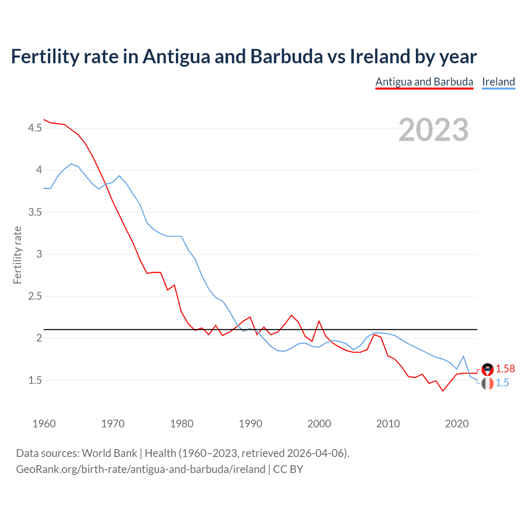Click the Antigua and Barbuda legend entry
click(x=424, y=82)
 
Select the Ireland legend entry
click(x=498, y=82)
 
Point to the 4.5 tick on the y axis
click(x=35, y=128)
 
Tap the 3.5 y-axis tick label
click(x=35, y=212)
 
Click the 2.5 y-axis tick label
click(x=35, y=296)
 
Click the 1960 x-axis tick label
click(x=44, y=424)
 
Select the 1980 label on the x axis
click(x=182, y=424)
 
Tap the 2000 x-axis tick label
click(x=319, y=424)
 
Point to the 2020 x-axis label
click(x=457, y=424)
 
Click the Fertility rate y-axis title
click(x=17, y=255)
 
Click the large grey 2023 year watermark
click(x=433, y=130)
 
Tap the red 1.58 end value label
click(x=505, y=369)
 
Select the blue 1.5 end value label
click(x=502, y=383)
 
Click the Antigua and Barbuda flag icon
click(x=487, y=369)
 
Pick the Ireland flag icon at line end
click(x=487, y=384)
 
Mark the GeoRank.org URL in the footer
click(x=141, y=469)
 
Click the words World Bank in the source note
click(x=109, y=453)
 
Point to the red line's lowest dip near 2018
click(x=443, y=391)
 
